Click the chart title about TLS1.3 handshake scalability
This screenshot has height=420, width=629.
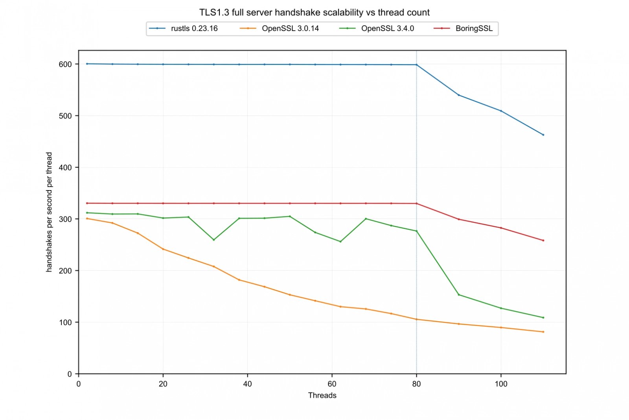314,13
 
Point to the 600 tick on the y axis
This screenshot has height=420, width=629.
65,64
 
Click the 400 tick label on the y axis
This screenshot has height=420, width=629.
65,167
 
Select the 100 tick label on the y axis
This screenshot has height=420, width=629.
65,322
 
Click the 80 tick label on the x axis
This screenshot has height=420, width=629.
416,384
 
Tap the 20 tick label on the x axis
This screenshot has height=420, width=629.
163,384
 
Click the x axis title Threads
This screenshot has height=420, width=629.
322,396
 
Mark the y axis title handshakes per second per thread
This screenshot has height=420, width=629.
49,212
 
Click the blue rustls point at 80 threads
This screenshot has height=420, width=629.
416,65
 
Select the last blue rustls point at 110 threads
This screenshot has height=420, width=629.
543,135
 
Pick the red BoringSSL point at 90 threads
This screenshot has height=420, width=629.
459,219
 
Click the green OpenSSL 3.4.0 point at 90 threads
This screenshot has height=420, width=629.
459,295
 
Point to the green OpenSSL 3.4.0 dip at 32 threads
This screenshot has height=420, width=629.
213,240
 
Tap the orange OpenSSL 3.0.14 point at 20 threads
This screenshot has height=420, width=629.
163,249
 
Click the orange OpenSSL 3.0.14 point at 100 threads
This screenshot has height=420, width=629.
501,327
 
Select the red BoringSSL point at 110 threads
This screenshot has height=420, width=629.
543,241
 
